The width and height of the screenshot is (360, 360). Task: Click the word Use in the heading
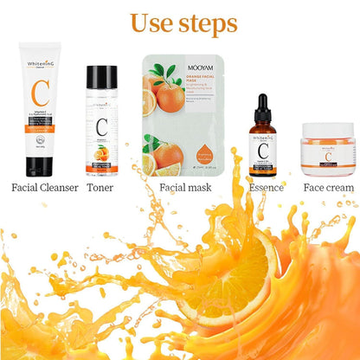pos(154,23)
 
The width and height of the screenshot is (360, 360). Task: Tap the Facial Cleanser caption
pos(44,187)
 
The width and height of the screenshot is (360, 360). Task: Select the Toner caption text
pos(100,187)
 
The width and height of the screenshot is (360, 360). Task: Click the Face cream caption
pos(327,187)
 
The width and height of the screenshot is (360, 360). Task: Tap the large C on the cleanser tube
pos(40,93)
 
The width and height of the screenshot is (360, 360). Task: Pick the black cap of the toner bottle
pos(100,75)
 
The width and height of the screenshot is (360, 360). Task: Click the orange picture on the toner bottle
pos(101,153)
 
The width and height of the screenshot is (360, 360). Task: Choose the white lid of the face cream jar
pos(327,132)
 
